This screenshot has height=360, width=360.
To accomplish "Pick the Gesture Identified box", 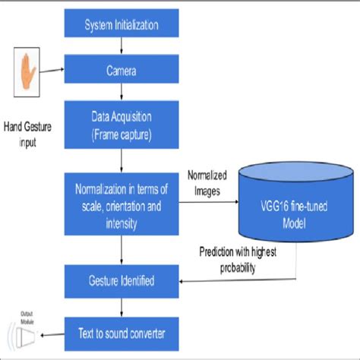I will (x=121, y=281).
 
